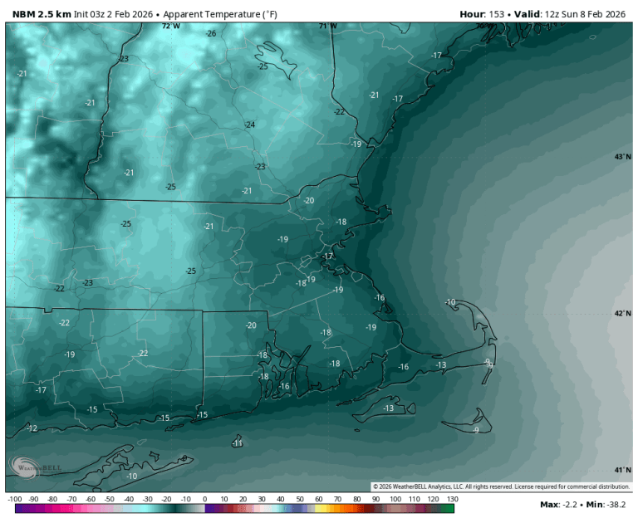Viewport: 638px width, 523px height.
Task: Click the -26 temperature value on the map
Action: pyautogui.click(x=211, y=33)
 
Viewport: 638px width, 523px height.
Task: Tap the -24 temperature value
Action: pyautogui.click(x=249, y=125)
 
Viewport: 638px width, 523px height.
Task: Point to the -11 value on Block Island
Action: pyautogui.click(x=238, y=444)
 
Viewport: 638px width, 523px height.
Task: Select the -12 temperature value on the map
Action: pyautogui.click(x=32, y=428)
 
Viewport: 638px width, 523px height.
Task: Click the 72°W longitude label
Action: pyautogui.click(x=170, y=26)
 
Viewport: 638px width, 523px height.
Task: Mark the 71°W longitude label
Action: pyautogui.click(x=328, y=26)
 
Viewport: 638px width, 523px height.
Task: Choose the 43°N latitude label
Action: pyautogui.click(x=622, y=157)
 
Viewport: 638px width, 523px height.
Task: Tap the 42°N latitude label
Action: pyautogui.click(x=622, y=314)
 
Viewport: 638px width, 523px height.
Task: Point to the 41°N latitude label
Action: pyautogui.click(x=622, y=470)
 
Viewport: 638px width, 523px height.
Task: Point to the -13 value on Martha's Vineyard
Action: pyautogui.click(x=389, y=408)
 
